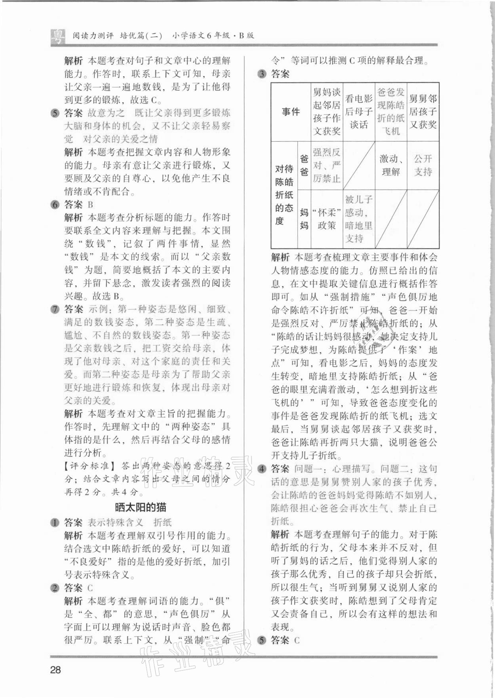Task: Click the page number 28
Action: [x=55, y=669]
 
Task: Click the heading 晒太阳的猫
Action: [x=141, y=507]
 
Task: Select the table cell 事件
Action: [x=291, y=112]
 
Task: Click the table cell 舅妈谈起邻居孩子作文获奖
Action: [x=327, y=112]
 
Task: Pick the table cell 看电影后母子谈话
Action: [x=359, y=112]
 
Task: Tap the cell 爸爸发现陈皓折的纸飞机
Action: [x=391, y=112]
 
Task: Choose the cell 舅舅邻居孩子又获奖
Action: [x=423, y=112]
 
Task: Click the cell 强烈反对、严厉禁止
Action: [x=327, y=165]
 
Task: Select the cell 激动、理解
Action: [x=391, y=165]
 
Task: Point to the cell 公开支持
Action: [x=423, y=165]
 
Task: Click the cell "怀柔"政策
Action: [x=327, y=219]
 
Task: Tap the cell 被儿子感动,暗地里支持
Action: [x=359, y=219]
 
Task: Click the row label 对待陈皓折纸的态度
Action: [x=284, y=195]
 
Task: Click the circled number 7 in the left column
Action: [x=55, y=309]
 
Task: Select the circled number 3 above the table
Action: [x=262, y=74]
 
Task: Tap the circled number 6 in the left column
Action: [x=55, y=205]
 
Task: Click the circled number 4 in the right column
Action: [x=262, y=469]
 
